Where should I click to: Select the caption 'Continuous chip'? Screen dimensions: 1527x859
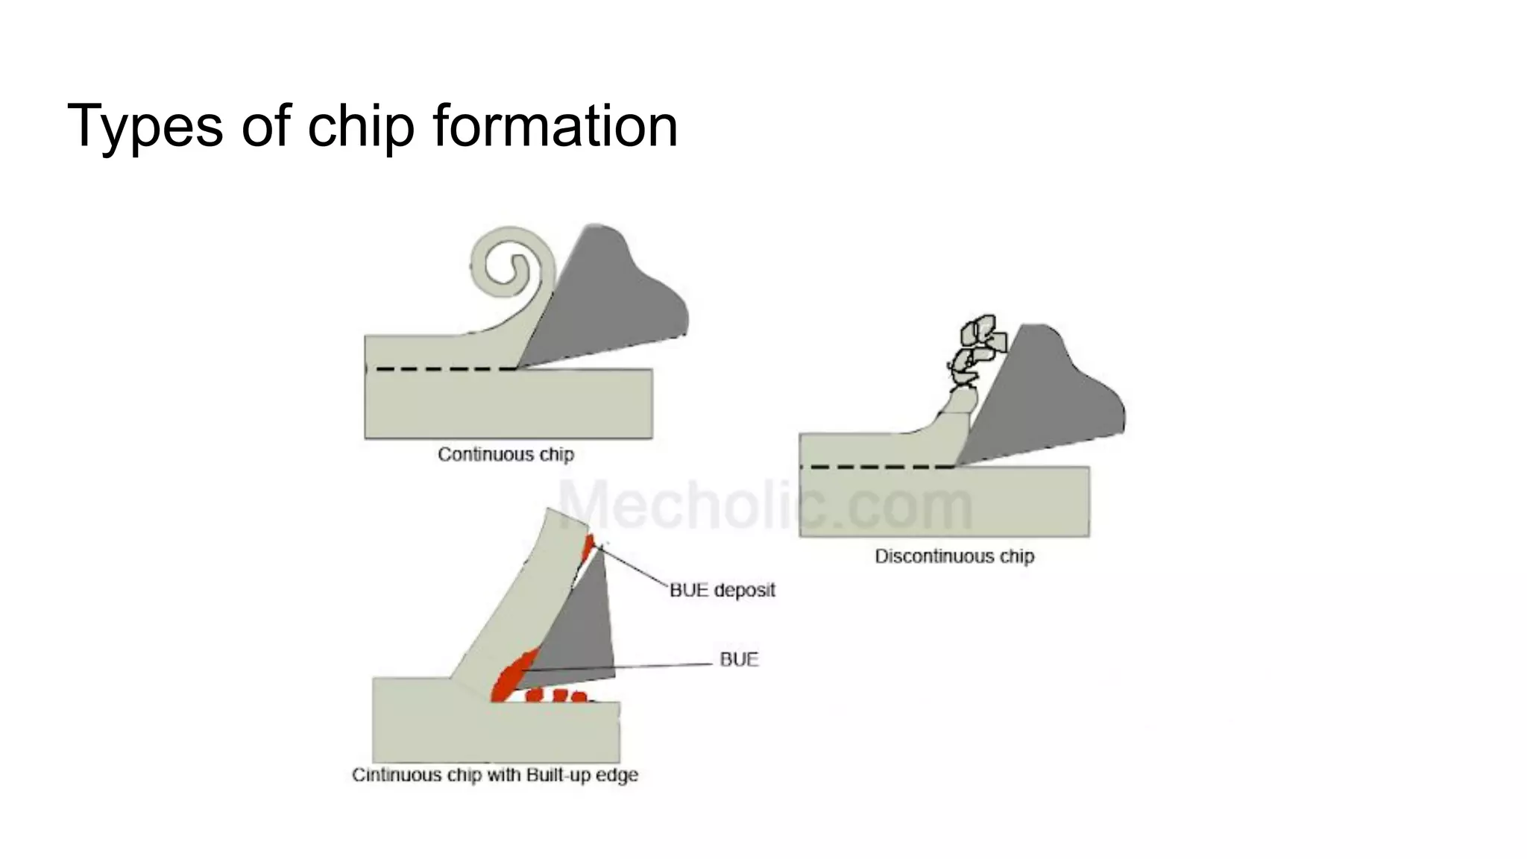[x=506, y=454]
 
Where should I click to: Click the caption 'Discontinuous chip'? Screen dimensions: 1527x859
[x=954, y=556]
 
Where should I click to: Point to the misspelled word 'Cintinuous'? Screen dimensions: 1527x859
[x=397, y=775]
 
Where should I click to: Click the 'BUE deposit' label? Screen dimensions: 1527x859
[x=722, y=590]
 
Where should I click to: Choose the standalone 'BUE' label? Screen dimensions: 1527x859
[x=739, y=659]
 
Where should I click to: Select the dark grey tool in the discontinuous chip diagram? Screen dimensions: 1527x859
[x=1044, y=395]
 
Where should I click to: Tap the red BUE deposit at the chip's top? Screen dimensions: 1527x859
[x=589, y=545]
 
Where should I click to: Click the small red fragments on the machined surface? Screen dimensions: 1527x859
[x=557, y=696]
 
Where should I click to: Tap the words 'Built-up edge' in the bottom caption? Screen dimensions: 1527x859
[x=582, y=775]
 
